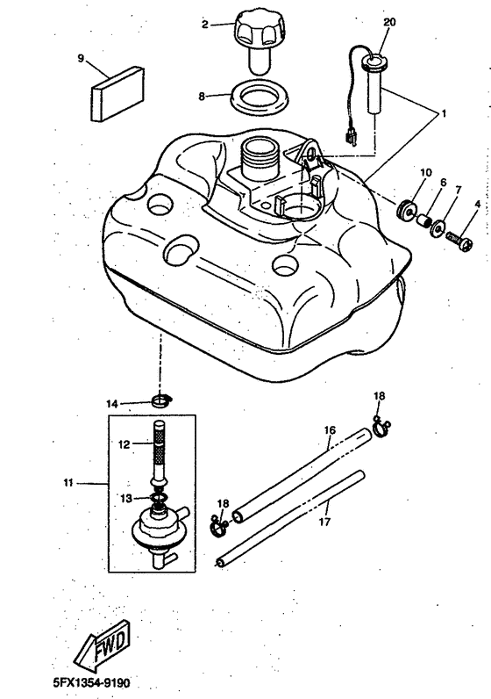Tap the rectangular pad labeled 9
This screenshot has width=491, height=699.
[x=118, y=94]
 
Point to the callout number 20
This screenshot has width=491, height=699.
[x=389, y=22]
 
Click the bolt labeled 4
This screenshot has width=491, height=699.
[x=459, y=240]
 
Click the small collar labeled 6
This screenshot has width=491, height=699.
[x=424, y=220]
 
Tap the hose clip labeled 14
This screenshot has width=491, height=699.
[x=161, y=401]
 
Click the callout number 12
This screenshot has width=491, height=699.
[x=125, y=444]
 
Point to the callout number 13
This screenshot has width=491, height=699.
[x=126, y=499]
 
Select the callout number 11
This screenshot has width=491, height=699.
[x=68, y=482]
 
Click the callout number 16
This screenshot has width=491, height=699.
[x=330, y=430]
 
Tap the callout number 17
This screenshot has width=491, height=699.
[x=325, y=521]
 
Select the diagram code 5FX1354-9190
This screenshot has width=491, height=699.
[x=92, y=682]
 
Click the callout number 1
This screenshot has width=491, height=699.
[x=444, y=113]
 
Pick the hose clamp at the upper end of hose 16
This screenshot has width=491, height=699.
[x=381, y=428]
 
